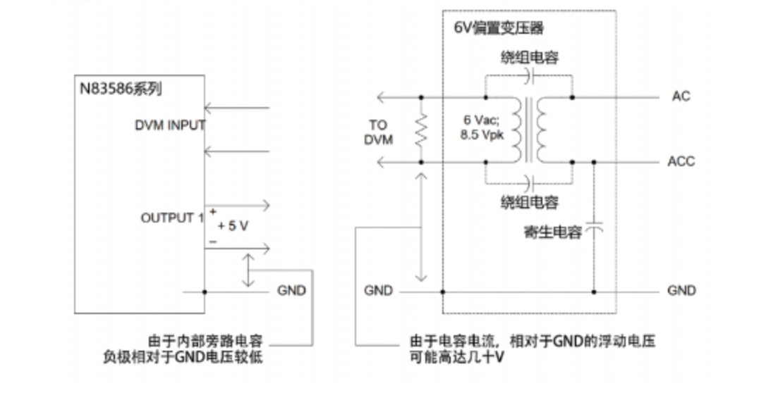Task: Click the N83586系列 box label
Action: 121,89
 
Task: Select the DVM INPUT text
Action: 170,126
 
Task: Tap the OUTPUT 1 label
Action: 172,218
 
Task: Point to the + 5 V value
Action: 233,226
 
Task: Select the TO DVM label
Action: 378,132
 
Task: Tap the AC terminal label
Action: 681,96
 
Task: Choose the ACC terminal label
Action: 681,161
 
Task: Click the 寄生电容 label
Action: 553,232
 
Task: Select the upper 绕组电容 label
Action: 529,57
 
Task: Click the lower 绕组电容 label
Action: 529,203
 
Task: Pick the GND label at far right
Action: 681,290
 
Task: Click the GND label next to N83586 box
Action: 291,290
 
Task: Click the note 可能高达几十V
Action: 456,357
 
